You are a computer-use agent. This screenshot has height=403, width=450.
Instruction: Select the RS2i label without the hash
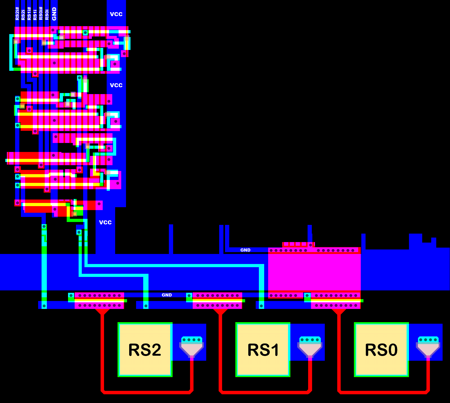click(23, 15)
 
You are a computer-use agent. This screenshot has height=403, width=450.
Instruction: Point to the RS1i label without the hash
click(35, 15)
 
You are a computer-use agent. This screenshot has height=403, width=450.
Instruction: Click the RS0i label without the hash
click(47, 15)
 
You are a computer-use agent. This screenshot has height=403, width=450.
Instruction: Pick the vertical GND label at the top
click(54, 14)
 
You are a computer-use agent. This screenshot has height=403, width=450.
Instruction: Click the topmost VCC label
click(116, 14)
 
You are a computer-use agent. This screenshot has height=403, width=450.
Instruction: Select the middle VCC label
click(116, 85)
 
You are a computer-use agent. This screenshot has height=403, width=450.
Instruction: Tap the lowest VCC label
click(105, 222)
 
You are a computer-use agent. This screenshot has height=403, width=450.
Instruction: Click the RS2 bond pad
click(145, 350)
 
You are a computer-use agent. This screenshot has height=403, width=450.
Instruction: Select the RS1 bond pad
click(263, 350)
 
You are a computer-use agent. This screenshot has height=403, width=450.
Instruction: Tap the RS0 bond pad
click(381, 350)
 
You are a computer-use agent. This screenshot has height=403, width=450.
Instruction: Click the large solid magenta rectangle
click(314, 272)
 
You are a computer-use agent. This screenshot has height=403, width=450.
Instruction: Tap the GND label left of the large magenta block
click(245, 250)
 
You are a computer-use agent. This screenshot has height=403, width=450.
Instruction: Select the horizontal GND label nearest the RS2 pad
click(167, 295)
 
